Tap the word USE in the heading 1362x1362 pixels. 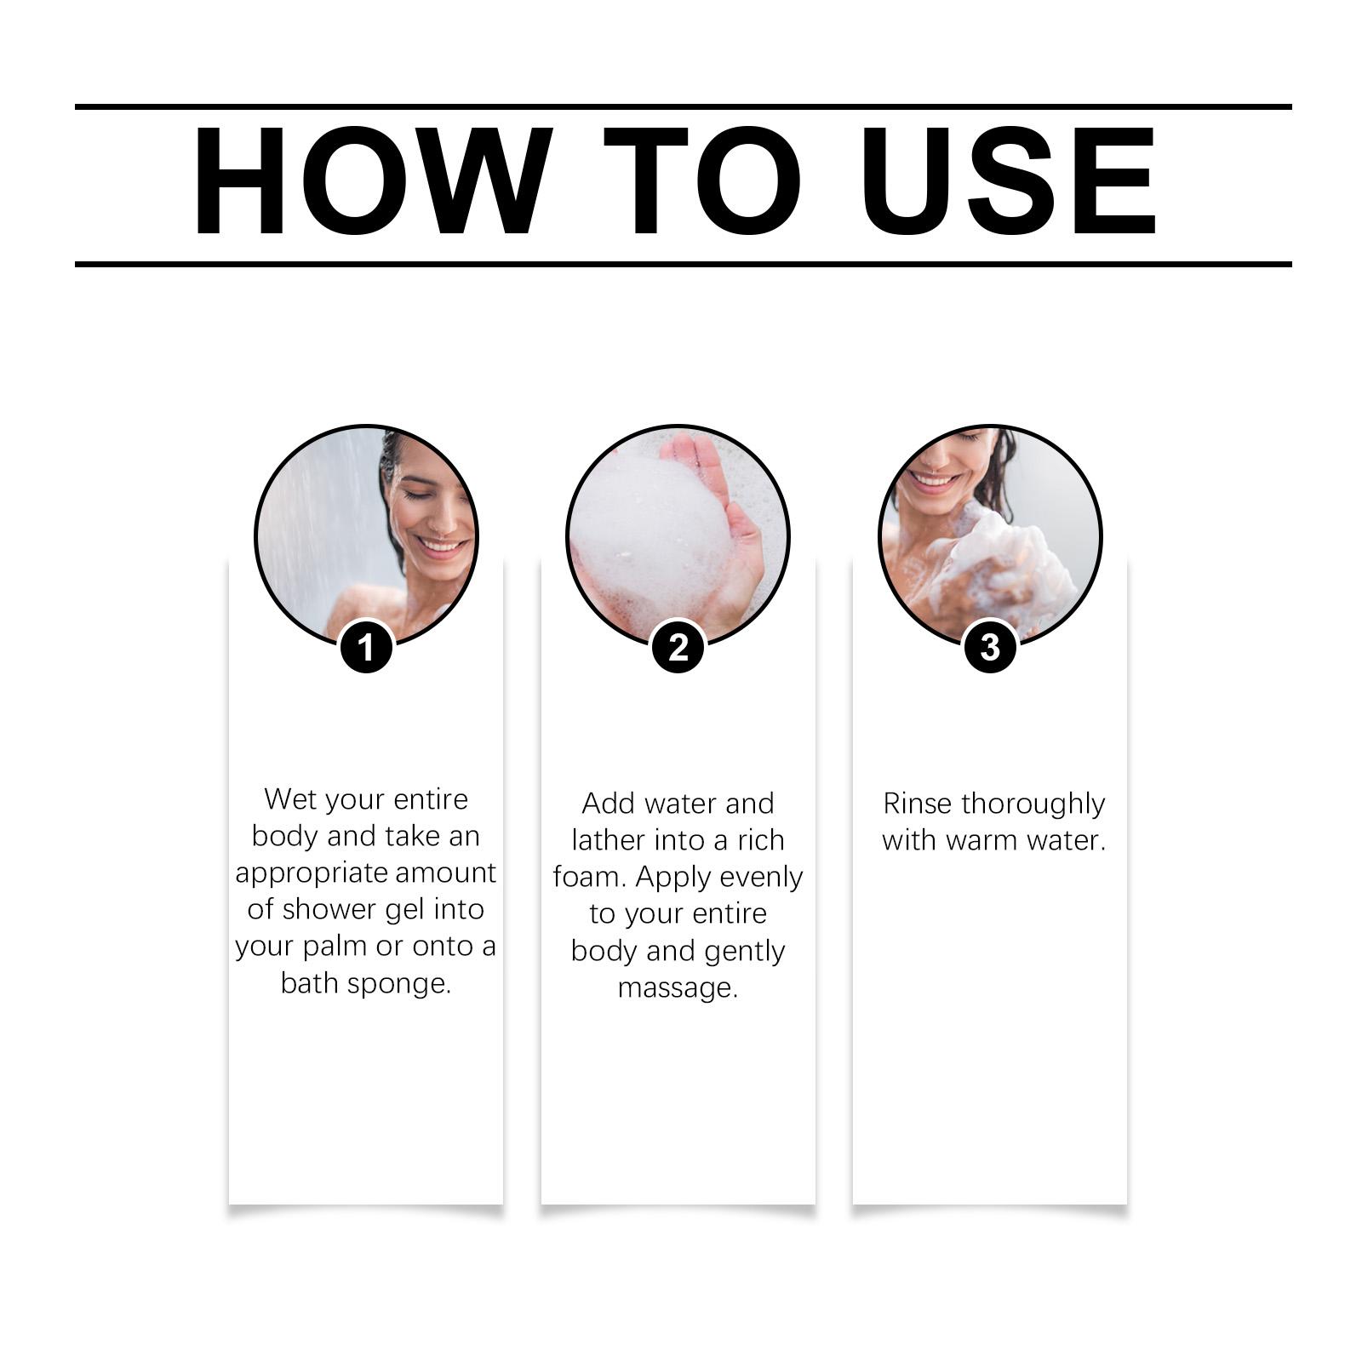(x=1008, y=180)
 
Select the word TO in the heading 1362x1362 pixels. (x=702, y=180)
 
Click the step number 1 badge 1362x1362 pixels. (x=366, y=647)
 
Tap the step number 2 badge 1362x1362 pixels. (x=678, y=647)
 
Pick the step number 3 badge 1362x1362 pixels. (x=990, y=647)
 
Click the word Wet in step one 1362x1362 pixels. (x=290, y=799)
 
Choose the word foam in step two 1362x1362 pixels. (x=588, y=877)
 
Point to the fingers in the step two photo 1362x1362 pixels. (x=698, y=464)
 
